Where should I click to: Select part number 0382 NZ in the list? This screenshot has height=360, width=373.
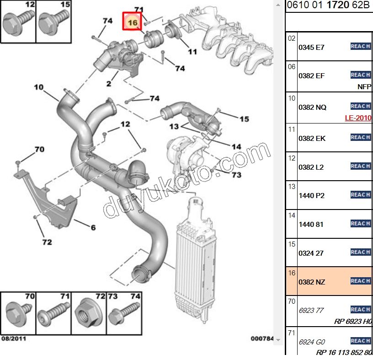point(311,282)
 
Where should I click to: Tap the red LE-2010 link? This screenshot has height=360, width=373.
point(358,118)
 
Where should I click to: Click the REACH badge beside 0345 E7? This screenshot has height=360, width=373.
point(360,46)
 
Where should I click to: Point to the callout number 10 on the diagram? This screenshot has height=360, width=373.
point(38,87)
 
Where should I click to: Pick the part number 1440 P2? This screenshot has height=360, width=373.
point(311,196)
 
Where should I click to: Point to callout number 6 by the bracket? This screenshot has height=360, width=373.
point(93,227)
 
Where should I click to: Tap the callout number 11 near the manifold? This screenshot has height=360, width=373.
point(192,52)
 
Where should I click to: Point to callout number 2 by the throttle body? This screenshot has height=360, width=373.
point(108,84)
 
